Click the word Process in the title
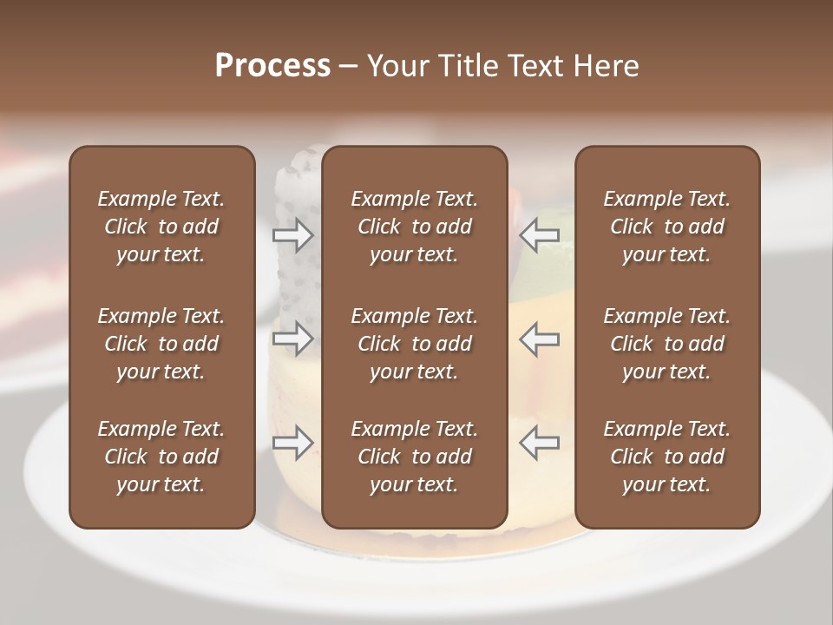(x=272, y=66)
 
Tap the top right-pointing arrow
(x=293, y=234)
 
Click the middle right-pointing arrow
(x=293, y=338)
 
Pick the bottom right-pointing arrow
(x=293, y=443)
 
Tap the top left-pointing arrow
(x=540, y=234)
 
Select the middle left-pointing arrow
(x=540, y=338)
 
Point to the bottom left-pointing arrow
(x=540, y=443)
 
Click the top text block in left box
(x=161, y=227)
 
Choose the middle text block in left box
(x=161, y=344)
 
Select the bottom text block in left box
(x=161, y=457)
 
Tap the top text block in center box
(x=414, y=227)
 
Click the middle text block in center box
(x=414, y=344)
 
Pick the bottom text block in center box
(x=414, y=457)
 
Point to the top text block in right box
(x=666, y=227)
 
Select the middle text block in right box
(x=666, y=344)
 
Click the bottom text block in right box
(x=666, y=457)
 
